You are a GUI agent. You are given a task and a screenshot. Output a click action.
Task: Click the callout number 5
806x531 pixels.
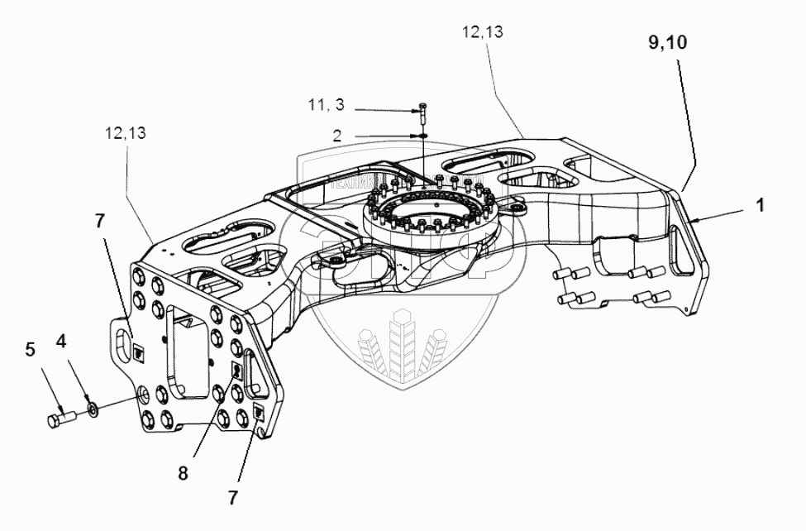pos(30,350)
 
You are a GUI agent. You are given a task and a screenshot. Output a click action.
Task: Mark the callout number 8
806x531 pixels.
pos(183,474)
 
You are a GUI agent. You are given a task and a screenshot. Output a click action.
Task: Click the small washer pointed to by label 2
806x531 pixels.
pos(422,135)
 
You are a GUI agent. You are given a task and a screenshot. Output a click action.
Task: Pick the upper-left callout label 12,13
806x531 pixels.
pos(126,132)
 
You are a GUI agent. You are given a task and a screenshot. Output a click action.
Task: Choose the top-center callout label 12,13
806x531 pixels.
pos(483,32)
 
